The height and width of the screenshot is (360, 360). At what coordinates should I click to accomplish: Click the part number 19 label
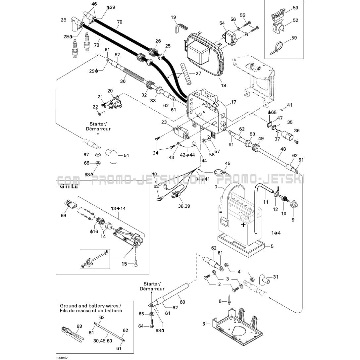(x=174, y=17)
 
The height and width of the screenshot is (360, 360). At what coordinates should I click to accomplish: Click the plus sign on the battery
(x=243, y=225)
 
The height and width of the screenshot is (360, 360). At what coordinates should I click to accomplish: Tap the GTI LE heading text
(x=69, y=186)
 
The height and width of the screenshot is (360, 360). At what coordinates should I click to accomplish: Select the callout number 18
(x=224, y=85)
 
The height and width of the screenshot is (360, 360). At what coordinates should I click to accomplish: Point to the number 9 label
(x=293, y=219)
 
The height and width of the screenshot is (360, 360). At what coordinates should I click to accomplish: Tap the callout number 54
(x=222, y=23)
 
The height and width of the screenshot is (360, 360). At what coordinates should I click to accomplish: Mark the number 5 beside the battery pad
(x=272, y=246)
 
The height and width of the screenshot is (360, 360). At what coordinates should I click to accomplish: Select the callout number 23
(x=164, y=122)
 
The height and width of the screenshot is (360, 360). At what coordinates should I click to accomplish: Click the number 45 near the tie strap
(x=228, y=164)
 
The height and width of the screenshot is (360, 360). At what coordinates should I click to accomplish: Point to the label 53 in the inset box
(x=295, y=7)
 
